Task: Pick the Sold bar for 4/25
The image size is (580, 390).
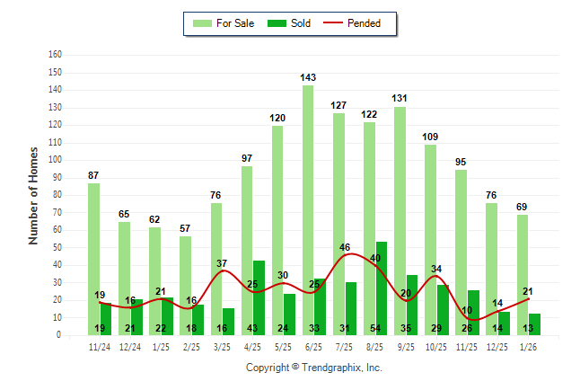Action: (x=259, y=297)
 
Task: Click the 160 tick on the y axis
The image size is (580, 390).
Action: (x=56, y=54)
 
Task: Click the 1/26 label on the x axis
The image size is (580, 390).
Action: (x=528, y=346)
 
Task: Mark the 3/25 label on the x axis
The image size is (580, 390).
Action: (x=222, y=346)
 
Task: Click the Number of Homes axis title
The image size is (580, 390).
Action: (x=33, y=195)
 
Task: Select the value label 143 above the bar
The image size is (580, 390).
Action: (x=308, y=78)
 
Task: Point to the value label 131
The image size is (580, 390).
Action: (x=400, y=99)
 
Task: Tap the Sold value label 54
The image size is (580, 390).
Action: (x=375, y=328)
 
